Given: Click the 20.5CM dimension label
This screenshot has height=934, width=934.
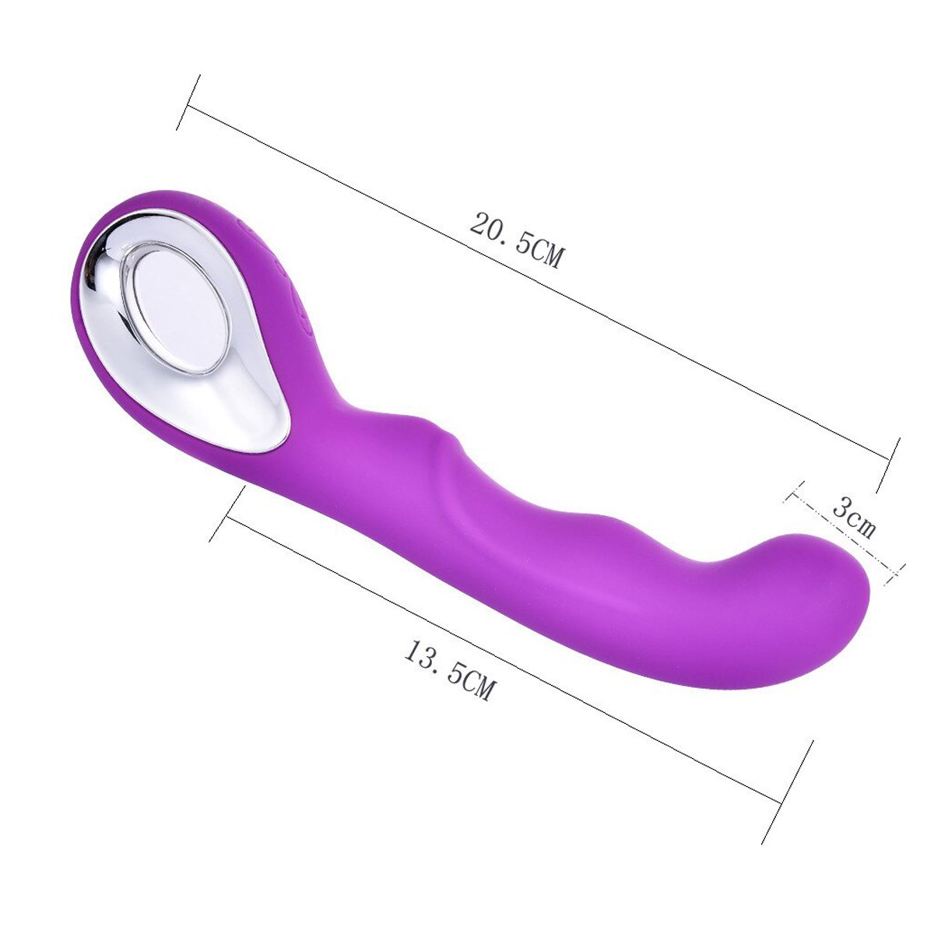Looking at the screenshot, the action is coord(517,240).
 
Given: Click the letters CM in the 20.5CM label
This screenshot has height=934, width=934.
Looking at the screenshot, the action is coord(546,255).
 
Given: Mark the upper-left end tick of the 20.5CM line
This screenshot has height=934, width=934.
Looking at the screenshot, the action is coord(188,102).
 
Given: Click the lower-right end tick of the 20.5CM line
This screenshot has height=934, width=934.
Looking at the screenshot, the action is coord(888,465).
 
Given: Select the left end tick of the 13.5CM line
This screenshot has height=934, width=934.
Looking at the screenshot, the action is coord(226,514).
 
